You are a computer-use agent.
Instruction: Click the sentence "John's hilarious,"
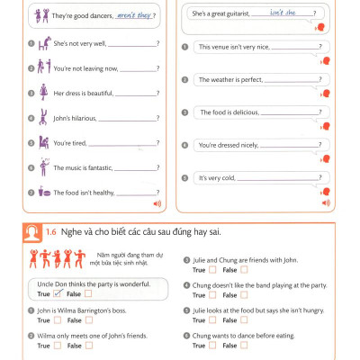coord(73,118)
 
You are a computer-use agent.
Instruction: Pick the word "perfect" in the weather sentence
coord(250,79)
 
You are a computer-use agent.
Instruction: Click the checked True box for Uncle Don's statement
coord(55,293)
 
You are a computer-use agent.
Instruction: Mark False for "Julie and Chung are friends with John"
coord(244,270)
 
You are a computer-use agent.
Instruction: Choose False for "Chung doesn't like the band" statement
coord(244,295)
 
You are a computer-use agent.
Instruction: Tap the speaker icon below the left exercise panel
coord(159,204)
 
